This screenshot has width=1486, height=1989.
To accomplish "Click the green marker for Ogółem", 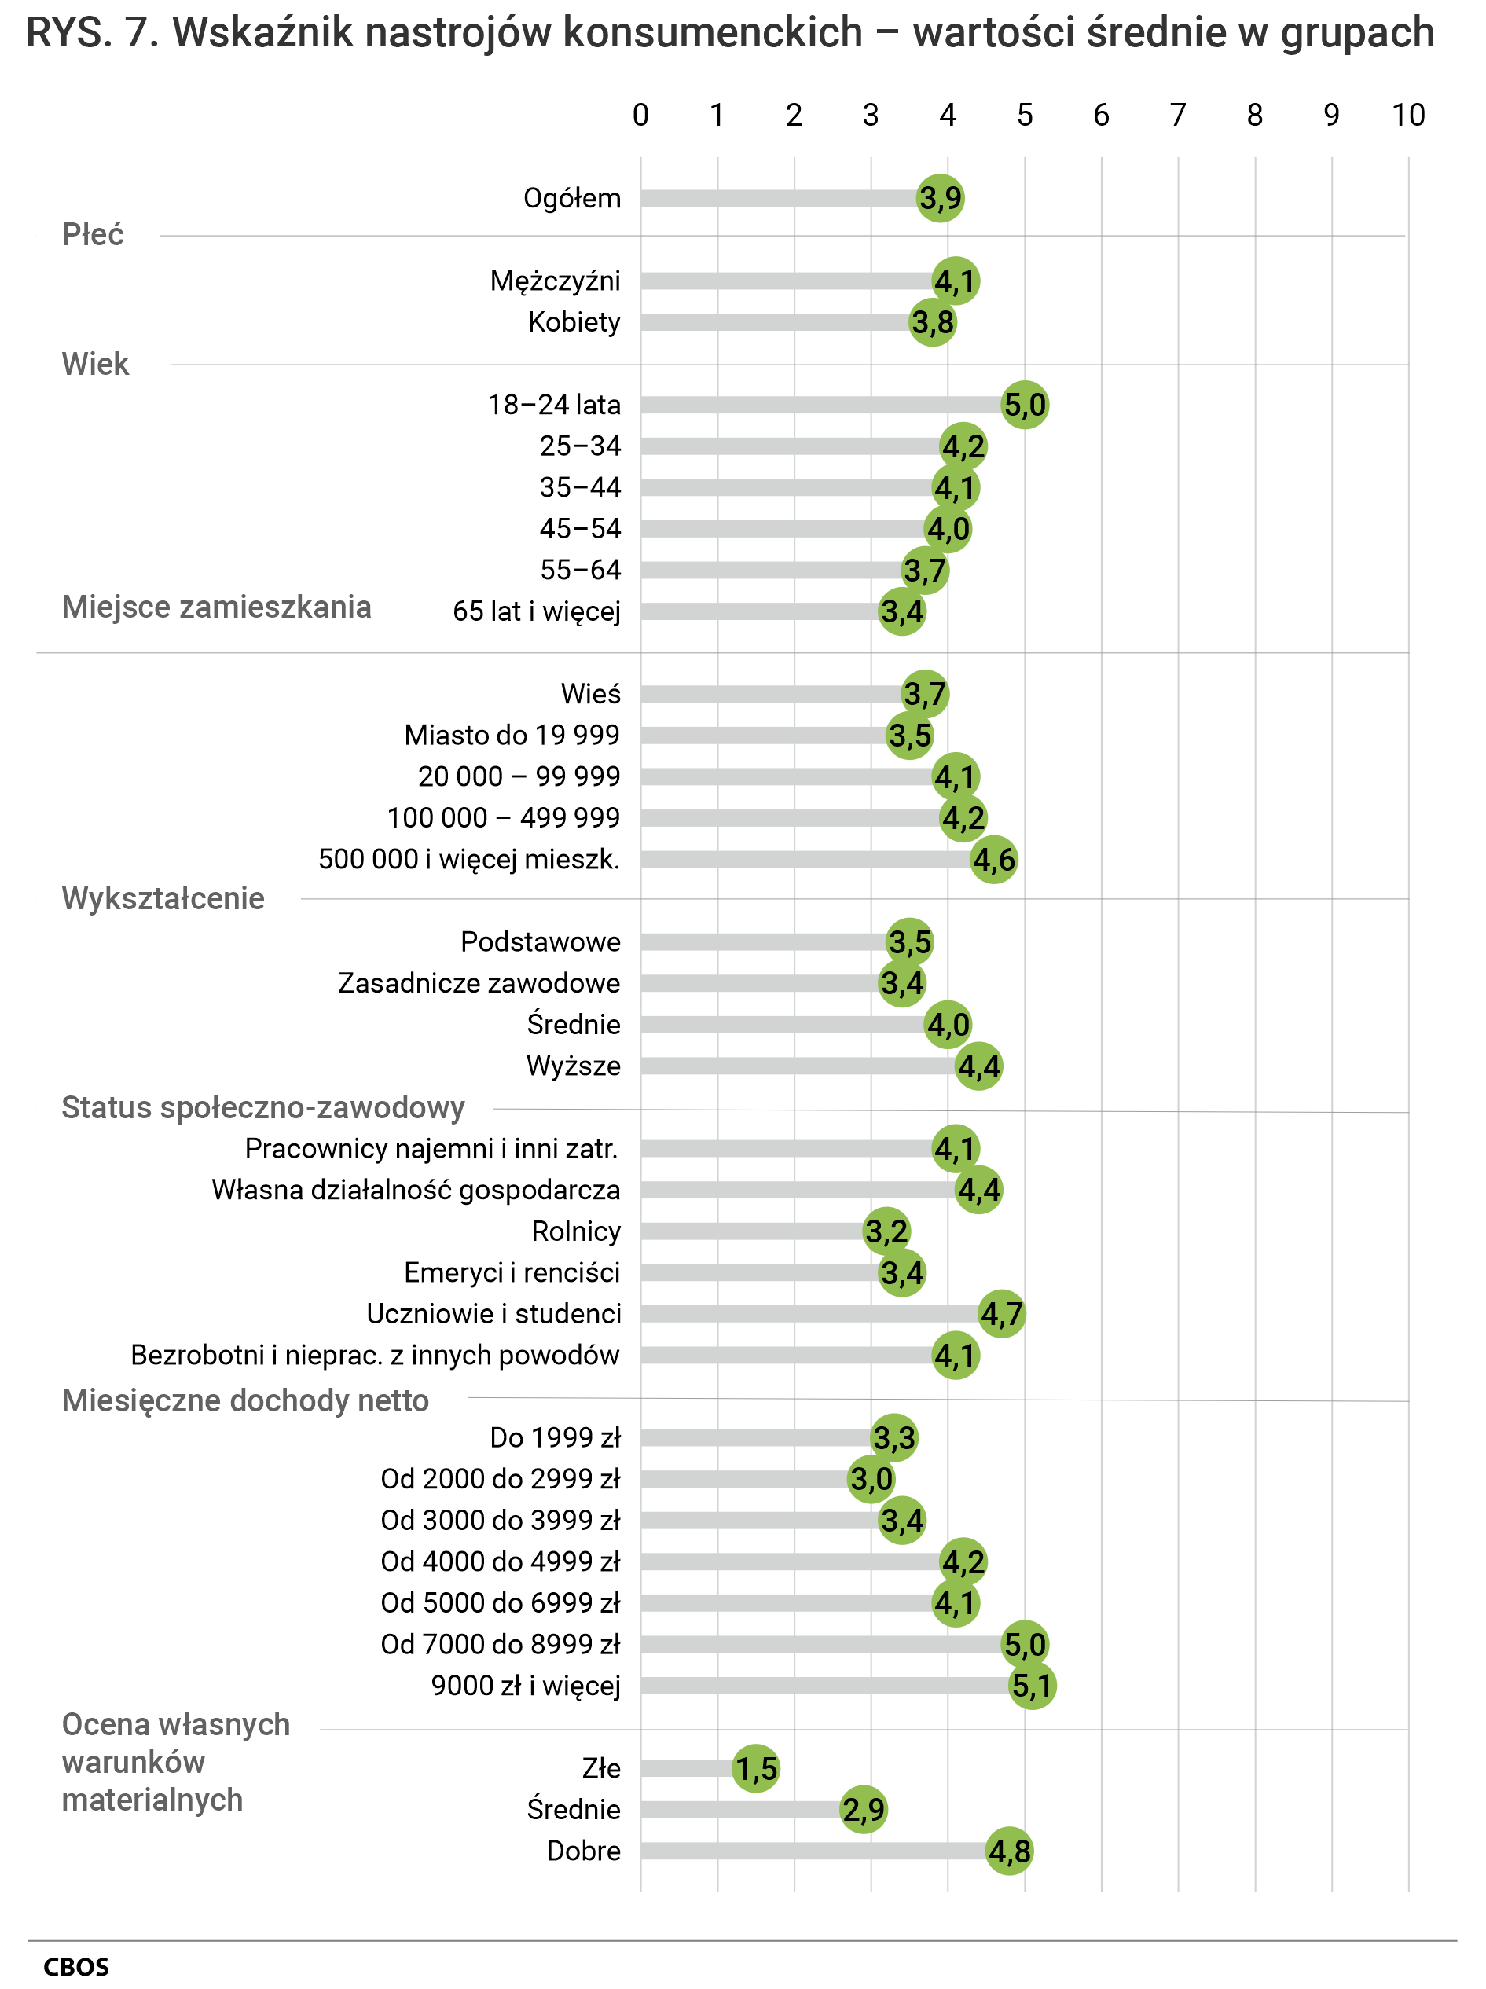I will click(x=941, y=198).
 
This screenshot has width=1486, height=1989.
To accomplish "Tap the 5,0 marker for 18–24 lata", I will click(x=1025, y=405).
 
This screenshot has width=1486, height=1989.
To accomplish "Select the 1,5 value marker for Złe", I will click(x=756, y=1769).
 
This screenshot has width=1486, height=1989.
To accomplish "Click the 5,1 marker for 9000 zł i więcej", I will click(x=1032, y=1686).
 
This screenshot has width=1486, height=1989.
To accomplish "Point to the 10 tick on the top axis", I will click(x=1407, y=115).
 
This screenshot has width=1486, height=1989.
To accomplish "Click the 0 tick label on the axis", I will click(x=640, y=115).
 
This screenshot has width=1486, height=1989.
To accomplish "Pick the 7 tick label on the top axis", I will click(x=1178, y=115).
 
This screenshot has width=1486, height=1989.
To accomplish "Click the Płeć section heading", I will click(x=93, y=235).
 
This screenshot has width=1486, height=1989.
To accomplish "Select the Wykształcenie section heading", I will click(x=163, y=898).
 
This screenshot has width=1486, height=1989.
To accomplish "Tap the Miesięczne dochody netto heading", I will click(x=244, y=1400).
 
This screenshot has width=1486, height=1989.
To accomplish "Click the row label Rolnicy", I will click(x=575, y=1231).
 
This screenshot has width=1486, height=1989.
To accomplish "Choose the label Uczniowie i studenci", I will click(x=493, y=1314).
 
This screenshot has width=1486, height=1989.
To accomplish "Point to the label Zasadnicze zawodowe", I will click(x=479, y=983).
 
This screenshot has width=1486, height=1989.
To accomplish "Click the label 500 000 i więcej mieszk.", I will click(x=468, y=859).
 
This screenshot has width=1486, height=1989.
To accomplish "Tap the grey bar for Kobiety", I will click(x=773, y=322).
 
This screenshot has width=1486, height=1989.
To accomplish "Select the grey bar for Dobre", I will click(x=809, y=1851).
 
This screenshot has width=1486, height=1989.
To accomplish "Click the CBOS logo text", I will click(x=76, y=1966).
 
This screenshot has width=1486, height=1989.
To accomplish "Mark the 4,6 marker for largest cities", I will click(x=994, y=860).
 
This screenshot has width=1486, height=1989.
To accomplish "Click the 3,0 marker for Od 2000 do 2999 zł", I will click(x=871, y=1479).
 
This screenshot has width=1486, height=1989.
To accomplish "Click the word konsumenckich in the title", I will click(x=713, y=33).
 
